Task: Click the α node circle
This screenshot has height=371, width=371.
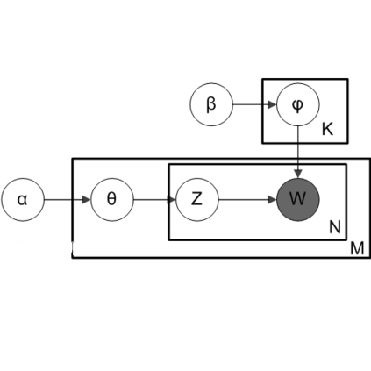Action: coord(23,199)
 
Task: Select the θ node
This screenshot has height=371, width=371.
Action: coord(111,199)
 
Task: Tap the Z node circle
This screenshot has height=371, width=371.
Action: coord(196,199)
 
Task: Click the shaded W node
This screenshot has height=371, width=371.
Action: coord(297,199)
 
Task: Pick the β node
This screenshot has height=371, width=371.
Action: coord(210,105)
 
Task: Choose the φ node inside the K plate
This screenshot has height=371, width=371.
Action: coord(297,105)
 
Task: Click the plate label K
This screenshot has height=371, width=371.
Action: coord(327,130)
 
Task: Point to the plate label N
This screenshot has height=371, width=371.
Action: coord(334,227)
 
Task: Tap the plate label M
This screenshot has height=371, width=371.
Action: coord(357,249)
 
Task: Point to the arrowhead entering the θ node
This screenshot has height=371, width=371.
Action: coord(86,199)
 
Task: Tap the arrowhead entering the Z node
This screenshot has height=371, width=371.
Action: coord(171,199)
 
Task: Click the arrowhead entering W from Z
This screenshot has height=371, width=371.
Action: coord(272,199)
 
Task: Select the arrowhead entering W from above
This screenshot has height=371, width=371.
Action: coord(297,174)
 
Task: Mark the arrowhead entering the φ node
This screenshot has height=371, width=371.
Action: coord(272,105)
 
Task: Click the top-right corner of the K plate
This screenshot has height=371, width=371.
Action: coord(347,80)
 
